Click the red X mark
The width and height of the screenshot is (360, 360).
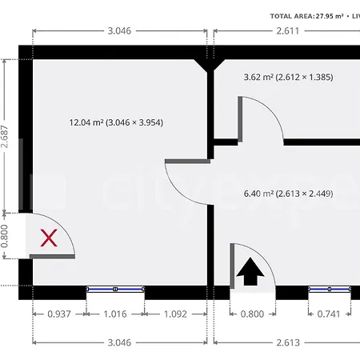50,238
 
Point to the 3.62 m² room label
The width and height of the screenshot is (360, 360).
288,78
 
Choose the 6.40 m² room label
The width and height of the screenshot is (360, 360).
288,193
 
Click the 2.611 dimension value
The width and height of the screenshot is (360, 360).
287,30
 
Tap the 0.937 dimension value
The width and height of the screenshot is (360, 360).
59,314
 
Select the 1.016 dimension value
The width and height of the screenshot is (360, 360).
116,314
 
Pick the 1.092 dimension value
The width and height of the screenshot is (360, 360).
174,314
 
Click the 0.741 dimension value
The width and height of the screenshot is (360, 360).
329,314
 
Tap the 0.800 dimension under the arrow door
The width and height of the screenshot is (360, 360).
252,314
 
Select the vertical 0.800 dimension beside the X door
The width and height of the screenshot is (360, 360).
6,235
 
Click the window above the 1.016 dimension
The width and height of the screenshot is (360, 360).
116,289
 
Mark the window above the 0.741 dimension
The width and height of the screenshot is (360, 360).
329,289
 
